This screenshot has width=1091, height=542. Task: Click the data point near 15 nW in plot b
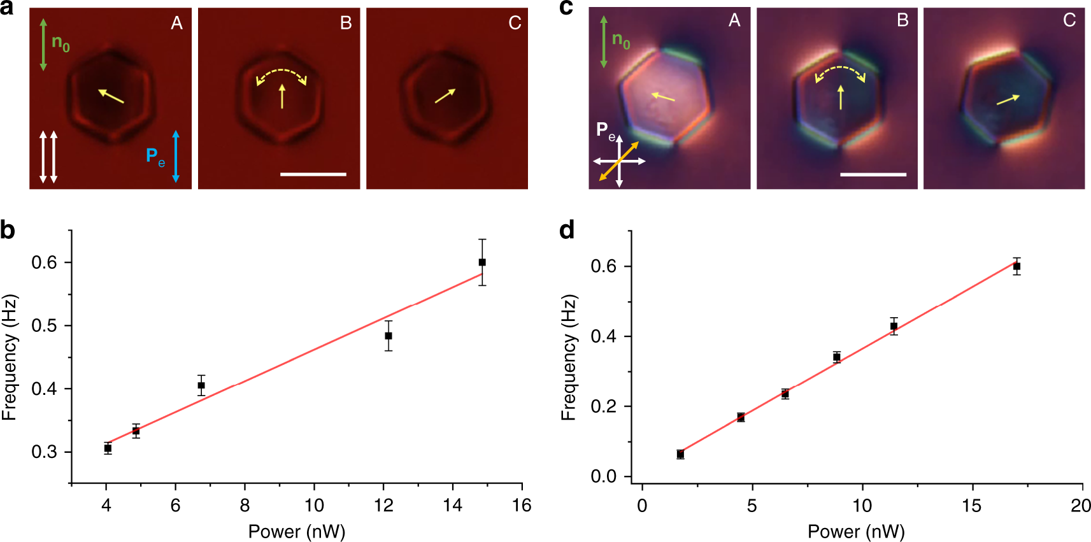point(482,262)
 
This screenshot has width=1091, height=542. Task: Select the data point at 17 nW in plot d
point(1016,266)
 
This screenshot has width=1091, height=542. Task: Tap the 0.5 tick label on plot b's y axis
point(44,326)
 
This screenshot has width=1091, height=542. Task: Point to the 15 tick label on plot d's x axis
point(972,506)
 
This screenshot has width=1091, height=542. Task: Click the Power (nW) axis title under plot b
point(297,531)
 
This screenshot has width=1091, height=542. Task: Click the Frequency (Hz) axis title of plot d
point(568,357)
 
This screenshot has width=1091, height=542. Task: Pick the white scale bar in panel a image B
point(313,174)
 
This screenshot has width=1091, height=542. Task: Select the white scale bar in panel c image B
point(873,174)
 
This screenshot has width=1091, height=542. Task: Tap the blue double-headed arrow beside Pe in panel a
point(176,157)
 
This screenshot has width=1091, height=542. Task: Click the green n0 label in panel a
point(61,43)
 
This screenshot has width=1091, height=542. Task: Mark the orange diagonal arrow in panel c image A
point(618,161)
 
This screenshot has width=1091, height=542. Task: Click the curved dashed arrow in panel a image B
point(282,75)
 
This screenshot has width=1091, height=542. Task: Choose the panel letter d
point(566,229)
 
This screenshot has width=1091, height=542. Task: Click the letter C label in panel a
point(515,24)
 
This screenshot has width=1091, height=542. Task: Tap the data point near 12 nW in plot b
point(389,336)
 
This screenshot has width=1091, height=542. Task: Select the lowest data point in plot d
point(680,454)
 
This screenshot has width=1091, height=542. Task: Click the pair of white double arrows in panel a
point(48,157)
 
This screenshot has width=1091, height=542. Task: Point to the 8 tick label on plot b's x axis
point(245,506)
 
